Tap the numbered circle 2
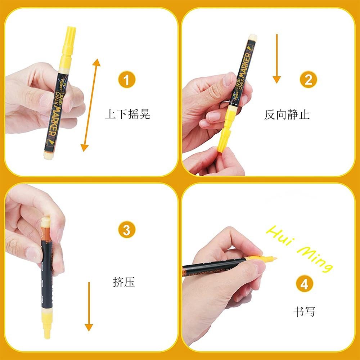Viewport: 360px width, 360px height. click(x=309, y=80)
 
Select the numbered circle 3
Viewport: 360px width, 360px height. click(x=126, y=230)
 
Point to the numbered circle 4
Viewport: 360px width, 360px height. click(x=304, y=285)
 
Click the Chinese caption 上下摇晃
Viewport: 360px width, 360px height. click(x=127, y=114)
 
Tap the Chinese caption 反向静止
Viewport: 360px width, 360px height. click(x=287, y=115)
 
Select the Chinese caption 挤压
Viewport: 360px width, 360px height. click(x=124, y=282)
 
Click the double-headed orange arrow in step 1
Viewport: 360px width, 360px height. click(x=90, y=105)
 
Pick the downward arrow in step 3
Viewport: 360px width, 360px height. click(x=89, y=306)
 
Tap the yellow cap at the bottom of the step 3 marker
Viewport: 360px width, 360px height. click(x=47, y=324)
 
